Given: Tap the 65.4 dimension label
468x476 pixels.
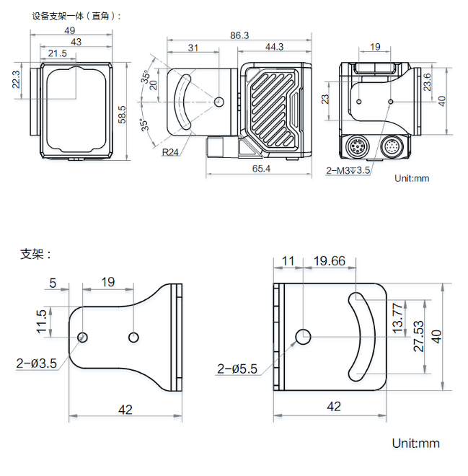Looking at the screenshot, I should pos(260,169).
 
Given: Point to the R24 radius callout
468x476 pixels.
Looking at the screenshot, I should pos(171,152).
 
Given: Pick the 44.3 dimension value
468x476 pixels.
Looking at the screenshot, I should pos(274,47).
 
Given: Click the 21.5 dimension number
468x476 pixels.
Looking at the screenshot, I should pos(57,53).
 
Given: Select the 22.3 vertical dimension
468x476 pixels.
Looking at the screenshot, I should pos(17,83).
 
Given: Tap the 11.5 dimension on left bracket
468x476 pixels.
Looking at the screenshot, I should pos(42,322).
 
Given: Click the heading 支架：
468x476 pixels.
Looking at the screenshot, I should pos(36,254).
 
